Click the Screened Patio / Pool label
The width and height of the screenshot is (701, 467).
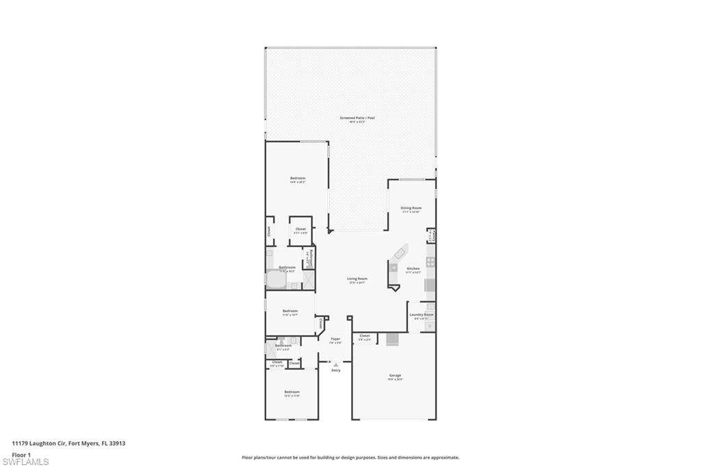pyautogui.click(x=357, y=118)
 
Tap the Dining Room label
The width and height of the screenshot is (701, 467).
pyautogui.click(x=411, y=207)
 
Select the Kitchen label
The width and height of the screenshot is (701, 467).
pyautogui.click(x=413, y=268)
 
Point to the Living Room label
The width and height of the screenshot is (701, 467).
pyautogui.click(x=357, y=279)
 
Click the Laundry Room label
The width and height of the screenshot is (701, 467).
pyautogui.click(x=421, y=315)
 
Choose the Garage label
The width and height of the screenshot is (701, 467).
pyautogui.click(x=395, y=375)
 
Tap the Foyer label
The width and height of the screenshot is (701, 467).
pyautogui.click(x=335, y=339)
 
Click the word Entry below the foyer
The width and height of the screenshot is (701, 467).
pyautogui.click(x=335, y=370)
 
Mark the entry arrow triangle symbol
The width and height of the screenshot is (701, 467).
pyautogui.click(x=335, y=364)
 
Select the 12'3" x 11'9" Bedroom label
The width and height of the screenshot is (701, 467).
pyautogui.click(x=292, y=392)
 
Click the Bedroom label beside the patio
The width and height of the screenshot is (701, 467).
pyautogui.click(x=297, y=179)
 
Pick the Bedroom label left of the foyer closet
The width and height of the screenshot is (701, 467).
pyautogui.click(x=291, y=311)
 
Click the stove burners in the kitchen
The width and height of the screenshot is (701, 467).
pyautogui.click(x=430, y=262)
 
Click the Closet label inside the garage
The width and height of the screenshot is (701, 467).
pyautogui.click(x=364, y=336)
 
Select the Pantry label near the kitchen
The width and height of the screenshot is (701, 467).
pyautogui.click(x=431, y=235)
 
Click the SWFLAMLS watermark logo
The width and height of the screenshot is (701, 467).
pyautogui.click(x=25, y=462)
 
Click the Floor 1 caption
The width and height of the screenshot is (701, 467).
pyautogui.click(x=21, y=455)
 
